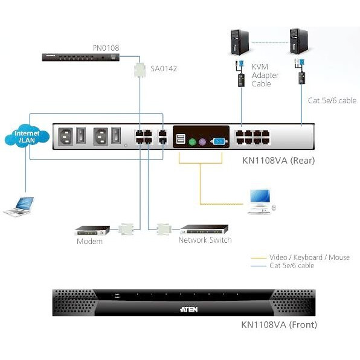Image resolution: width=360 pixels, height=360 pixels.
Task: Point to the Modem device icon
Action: click(92, 230)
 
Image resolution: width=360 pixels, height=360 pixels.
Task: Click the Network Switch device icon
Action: click(205, 230)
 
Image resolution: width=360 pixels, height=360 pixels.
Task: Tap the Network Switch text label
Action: click(205, 240)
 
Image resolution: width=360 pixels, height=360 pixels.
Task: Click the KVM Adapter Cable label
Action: click(266, 76)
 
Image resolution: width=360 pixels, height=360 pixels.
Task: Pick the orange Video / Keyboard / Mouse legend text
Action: click(309, 257)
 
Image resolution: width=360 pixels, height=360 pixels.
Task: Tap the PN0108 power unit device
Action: click(82, 57)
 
